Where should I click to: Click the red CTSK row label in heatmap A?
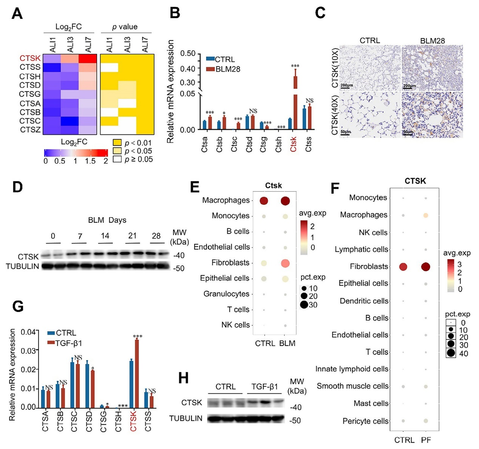30,58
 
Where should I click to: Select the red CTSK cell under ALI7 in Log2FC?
88,59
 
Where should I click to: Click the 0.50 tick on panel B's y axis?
188,53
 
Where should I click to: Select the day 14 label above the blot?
105,236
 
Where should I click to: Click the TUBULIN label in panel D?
23,266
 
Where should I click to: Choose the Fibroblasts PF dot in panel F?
426,267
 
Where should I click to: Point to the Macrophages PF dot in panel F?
426,215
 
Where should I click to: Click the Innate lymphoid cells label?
352,369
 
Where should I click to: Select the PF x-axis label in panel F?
426,440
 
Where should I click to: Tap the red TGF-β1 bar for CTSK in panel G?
137,373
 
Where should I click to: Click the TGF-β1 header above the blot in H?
265,387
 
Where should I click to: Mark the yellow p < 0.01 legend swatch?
117,142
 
